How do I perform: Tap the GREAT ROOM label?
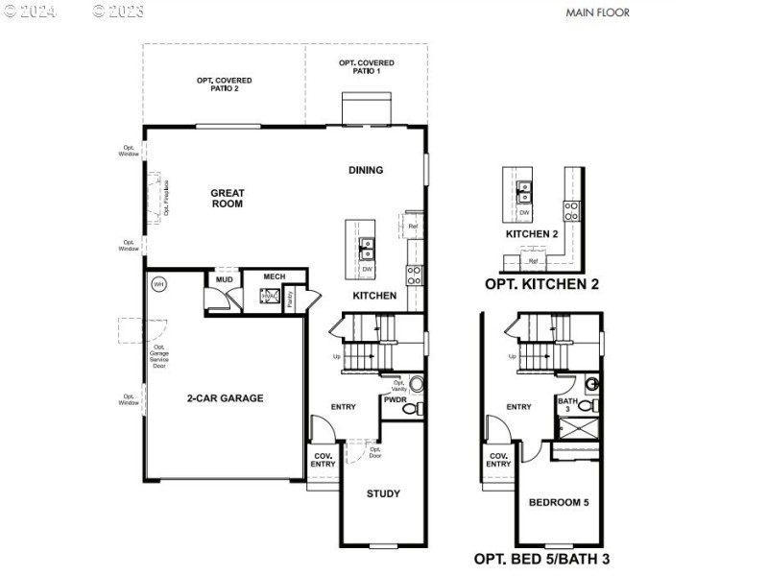228,199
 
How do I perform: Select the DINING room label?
366,170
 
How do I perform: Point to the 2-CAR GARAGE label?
225,398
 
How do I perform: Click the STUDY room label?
383,493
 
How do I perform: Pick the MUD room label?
224,280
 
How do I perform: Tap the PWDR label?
395,398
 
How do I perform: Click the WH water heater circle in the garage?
158,284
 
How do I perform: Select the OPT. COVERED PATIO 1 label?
367,67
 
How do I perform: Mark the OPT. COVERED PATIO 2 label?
218,84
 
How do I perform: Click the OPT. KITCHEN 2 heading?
541,284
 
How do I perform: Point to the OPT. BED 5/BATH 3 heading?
541,558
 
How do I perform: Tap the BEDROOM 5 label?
559,501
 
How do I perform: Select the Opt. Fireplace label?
166,197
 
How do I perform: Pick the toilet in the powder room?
410,409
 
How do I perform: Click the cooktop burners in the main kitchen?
415,276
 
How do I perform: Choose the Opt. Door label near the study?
374,451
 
